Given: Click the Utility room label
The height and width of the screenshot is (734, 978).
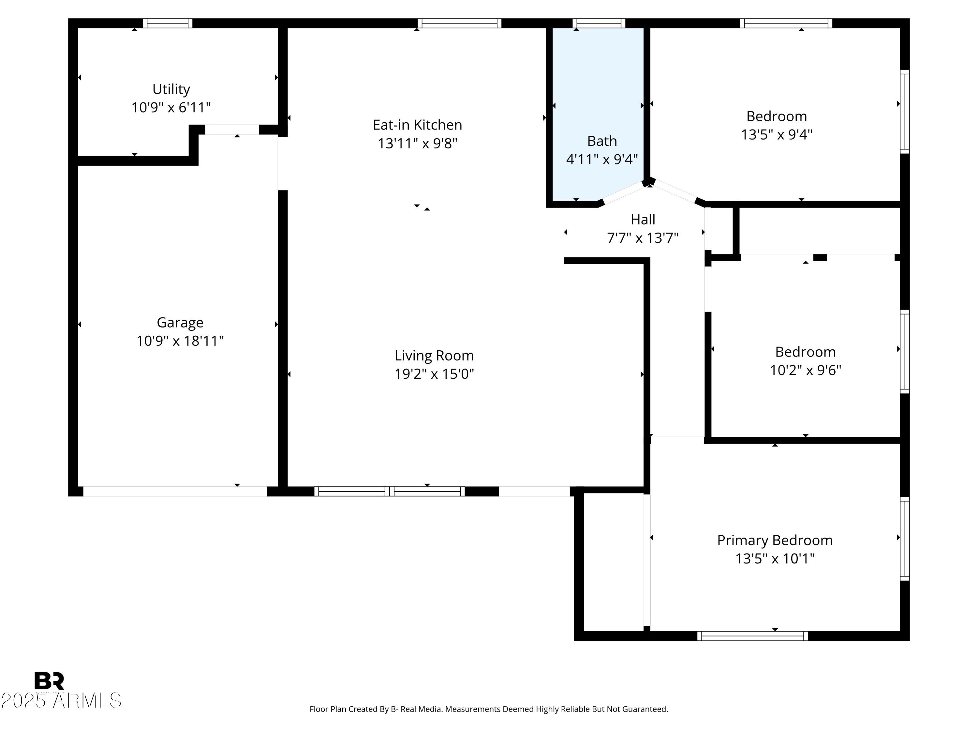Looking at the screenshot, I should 171,89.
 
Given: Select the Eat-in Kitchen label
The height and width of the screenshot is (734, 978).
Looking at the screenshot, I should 417,125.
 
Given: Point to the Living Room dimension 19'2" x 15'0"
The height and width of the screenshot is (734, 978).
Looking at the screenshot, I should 434,374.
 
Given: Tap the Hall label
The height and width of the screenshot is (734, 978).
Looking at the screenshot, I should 643,220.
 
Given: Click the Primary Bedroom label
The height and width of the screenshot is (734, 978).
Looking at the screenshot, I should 775,540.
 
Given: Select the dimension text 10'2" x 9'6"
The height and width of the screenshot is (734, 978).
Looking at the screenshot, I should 805,370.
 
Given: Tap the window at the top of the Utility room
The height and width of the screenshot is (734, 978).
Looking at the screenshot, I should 168,23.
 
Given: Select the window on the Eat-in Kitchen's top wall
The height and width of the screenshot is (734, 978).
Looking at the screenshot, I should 459,23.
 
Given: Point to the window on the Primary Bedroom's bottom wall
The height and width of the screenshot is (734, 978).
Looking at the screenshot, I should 752,636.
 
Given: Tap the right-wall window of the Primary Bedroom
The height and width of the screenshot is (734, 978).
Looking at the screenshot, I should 905,539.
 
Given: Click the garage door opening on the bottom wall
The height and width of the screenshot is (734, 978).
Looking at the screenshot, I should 175,491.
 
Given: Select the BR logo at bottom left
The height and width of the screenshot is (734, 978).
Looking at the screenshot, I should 49,681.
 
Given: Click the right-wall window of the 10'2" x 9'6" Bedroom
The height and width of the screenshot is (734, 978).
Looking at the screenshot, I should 905,351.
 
